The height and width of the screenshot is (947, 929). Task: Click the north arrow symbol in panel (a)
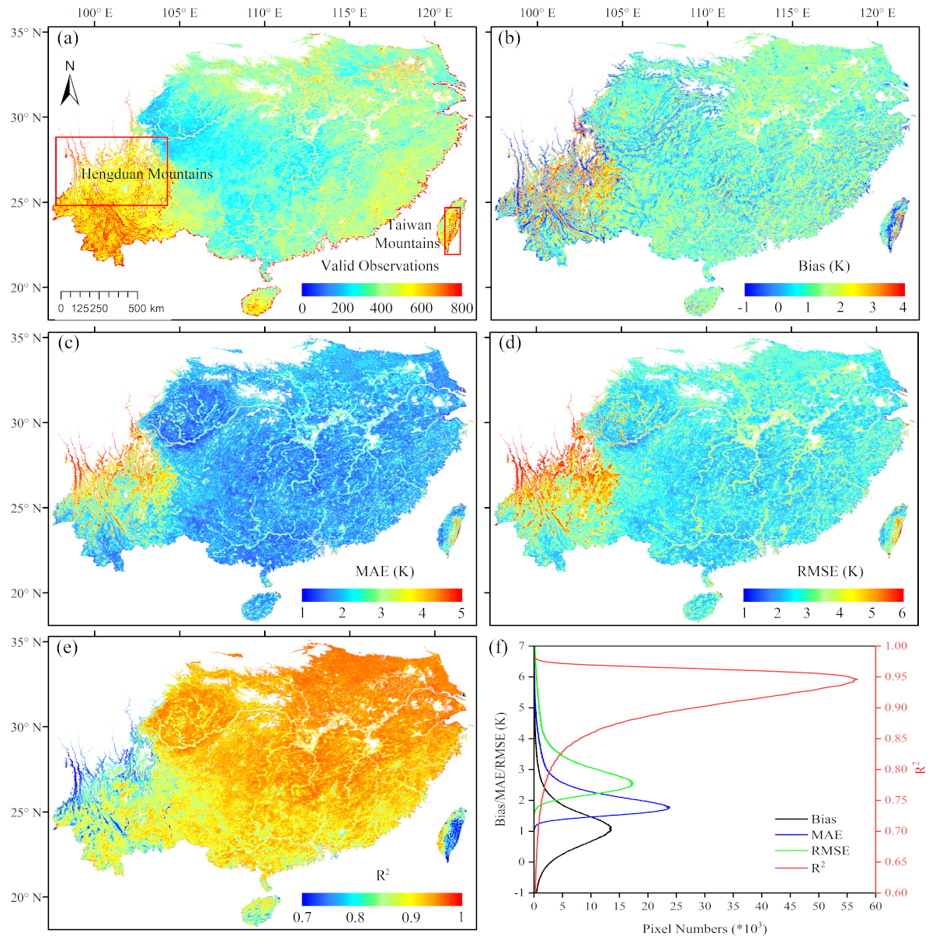pyautogui.click(x=70, y=87)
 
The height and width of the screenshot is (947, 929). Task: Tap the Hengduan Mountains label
pyautogui.click(x=146, y=174)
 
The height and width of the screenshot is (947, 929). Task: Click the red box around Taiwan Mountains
pyautogui.click(x=452, y=231)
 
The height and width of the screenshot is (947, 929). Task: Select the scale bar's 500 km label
pyautogui.click(x=146, y=309)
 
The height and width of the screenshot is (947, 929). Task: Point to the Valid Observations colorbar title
pyautogui.click(x=380, y=266)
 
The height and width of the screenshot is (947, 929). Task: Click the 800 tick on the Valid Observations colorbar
pyautogui.click(x=462, y=308)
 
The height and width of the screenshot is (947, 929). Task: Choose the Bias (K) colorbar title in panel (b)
pyautogui.click(x=823, y=266)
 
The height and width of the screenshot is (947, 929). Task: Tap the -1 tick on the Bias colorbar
pyautogui.click(x=746, y=308)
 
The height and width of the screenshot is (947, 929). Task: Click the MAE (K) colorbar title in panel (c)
pyautogui.click(x=384, y=571)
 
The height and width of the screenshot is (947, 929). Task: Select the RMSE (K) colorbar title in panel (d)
pyautogui.click(x=830, y=571)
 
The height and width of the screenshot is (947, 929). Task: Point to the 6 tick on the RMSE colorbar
pyautogui.click(x=902, y=613)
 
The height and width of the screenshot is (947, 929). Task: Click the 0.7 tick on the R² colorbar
pyautogui.click(x=302, y=917)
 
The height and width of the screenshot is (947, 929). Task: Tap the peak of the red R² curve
pyautogui.click(x=856, y=680)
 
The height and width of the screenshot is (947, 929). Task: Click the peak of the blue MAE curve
pyautogui.click(x=669, y=808)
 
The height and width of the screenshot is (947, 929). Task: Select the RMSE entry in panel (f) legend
pyautogui.click(x=830, y=851)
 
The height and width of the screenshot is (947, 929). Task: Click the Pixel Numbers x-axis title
pyautogui.click(x=705, y=929)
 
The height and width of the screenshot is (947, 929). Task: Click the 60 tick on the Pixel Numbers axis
pyautogui.click(x=875, y=907)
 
